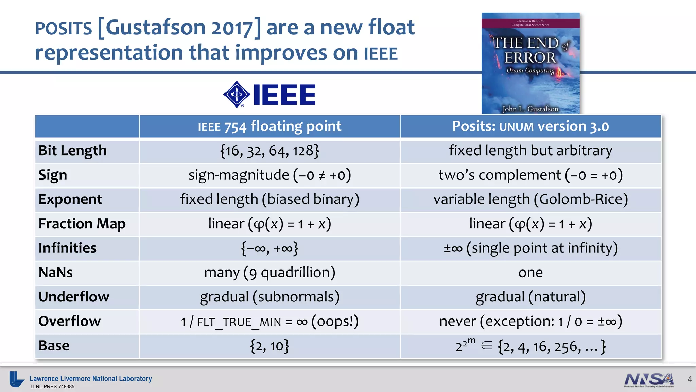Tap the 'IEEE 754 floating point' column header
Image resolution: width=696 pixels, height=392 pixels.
click(x=269, y=126)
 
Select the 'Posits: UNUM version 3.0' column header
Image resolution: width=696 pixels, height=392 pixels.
click(x=530, y=126)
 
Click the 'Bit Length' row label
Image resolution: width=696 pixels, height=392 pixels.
click(x=73, y=151)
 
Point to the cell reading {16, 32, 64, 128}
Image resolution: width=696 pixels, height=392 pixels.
click(x=269, y=151)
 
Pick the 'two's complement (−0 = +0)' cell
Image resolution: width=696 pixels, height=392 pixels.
click(x=530, y=175)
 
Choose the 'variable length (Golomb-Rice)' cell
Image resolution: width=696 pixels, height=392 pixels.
click(x=530, y=199)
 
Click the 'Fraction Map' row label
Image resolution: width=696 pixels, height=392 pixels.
click(x=82, y=224)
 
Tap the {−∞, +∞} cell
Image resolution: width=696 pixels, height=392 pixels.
click(x=269, y=248)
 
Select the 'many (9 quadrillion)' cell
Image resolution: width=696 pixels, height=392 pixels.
click(x=269, y=273)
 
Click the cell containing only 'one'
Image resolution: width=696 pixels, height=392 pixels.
click(x=530, y=273)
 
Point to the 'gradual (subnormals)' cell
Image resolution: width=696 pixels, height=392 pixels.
click(x=269, y=297)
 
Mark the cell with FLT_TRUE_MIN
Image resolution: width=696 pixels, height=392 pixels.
click(x=269, y=322)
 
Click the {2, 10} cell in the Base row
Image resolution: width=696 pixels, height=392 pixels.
click(x=269, y=346)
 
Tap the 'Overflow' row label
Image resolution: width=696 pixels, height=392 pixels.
click(x=70, y=322)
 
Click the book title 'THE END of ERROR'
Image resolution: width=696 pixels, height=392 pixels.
click(x=530, y=50)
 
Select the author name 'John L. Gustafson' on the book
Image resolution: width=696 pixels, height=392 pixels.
click(x=530, y=109)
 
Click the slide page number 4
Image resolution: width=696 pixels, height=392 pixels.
click(x=690, y=379)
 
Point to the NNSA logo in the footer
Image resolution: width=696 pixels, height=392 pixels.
click(x=649, y=380)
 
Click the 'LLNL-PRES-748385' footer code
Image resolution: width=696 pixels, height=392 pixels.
click(x=52, y=387)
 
